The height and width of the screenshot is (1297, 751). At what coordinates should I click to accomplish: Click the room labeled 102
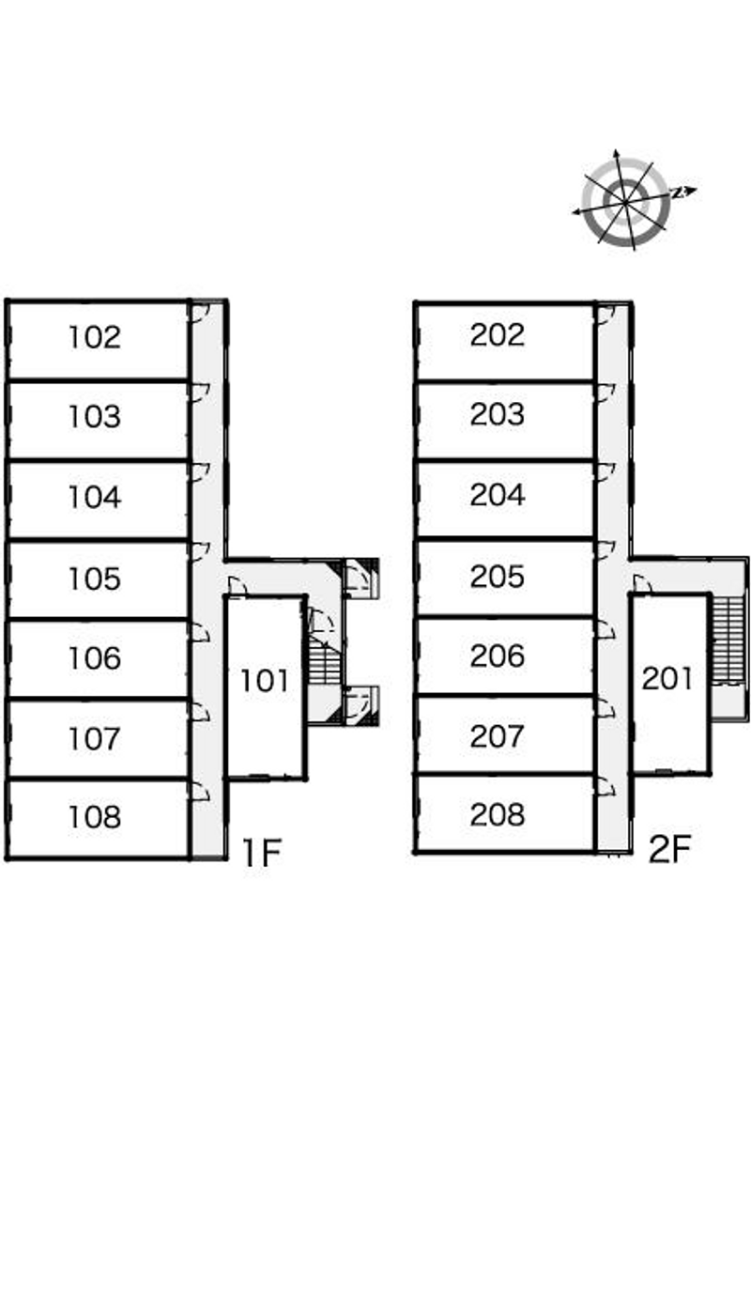[x=95, y=337]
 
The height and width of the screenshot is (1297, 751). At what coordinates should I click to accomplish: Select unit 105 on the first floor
[x=95, y=579]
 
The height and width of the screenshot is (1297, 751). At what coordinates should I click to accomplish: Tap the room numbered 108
[x=95, y=817]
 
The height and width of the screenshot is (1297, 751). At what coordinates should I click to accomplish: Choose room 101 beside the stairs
[x=265, y=680]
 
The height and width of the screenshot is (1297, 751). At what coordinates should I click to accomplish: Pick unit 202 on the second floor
[x=498, y=335]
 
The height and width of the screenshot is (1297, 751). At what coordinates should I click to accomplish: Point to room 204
[x=498, y=495]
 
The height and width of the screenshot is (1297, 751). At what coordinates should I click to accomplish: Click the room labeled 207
[x=498, y=735]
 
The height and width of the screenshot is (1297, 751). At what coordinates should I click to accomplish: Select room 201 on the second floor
[x=667, y=678]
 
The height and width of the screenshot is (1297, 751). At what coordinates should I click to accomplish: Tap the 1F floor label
[x=262, y=852]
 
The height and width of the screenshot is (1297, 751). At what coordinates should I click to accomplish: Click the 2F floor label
[x=669, y=849]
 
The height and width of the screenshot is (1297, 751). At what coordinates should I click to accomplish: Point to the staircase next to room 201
[x=728, y=639]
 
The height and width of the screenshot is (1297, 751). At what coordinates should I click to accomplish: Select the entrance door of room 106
[x=198, y=632]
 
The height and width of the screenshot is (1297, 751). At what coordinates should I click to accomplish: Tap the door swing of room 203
[x=605, y=392]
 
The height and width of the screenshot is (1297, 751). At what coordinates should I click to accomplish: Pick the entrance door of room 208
[x=605, y=789]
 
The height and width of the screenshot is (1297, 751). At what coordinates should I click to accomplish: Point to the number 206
[x=498, y=656]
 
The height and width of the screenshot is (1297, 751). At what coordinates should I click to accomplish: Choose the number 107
[x=95, y=738]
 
